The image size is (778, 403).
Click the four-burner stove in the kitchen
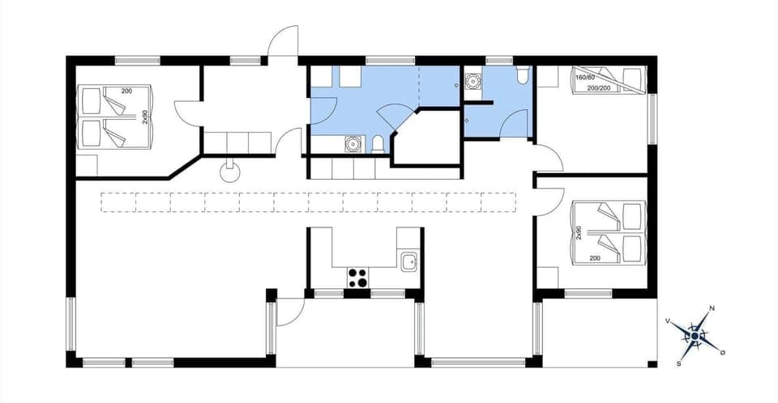click(358, 278)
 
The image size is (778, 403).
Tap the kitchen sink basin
click(409, 261)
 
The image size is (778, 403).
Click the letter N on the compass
click(712, 308)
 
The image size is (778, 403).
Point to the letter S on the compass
click(678, 363)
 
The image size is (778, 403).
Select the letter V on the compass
click(668, 320)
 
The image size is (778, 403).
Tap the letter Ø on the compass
click(722, 352)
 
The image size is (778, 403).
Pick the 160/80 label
click(585, 78)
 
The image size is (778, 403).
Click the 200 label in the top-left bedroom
click(126, 91)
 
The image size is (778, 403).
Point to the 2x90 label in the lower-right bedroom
click(579, 232)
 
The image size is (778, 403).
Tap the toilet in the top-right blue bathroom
click(522, 76)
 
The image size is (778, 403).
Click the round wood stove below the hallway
click(230, 171)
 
